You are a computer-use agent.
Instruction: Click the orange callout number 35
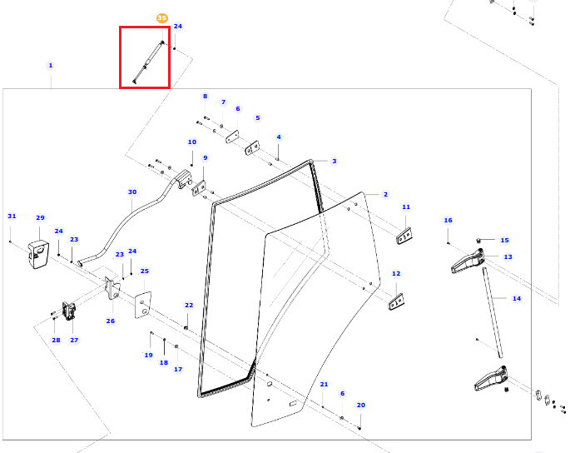tap(161, 17)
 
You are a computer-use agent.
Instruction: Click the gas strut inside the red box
tap(148, 62)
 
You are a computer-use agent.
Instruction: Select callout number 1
tap(51, 66)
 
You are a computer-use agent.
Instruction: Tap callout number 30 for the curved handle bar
tap(132, 192)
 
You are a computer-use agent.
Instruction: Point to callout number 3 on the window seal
tap(334, 161)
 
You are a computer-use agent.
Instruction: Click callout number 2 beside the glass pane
tap(385, 194)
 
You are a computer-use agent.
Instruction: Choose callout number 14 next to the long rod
tap(517, 298)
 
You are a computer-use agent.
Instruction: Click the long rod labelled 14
tap(493, 312)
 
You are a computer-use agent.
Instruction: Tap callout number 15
tap(504, 240)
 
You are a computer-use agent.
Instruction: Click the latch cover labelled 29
tap(38, 254)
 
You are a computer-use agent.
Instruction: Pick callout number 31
tap(12, 217)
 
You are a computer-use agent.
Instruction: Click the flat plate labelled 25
tap(143, 305)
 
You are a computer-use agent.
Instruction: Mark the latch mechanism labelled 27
tap(69, 311)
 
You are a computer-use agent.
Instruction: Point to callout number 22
tap(189, 305)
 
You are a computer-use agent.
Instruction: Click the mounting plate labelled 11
tap(404, 236)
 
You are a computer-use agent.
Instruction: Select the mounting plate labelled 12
tap(397, 302)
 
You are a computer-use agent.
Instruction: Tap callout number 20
tap(360, 405)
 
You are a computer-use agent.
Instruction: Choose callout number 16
tap(448, 220)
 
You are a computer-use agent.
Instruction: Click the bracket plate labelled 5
tap(252, 147)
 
